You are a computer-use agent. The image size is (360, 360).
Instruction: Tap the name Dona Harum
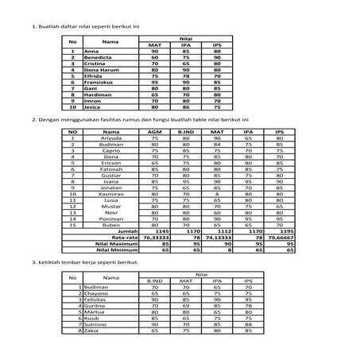[99, 69]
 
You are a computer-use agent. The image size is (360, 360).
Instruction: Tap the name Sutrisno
[96, 324]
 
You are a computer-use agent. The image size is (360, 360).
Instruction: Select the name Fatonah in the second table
[111, 168]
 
